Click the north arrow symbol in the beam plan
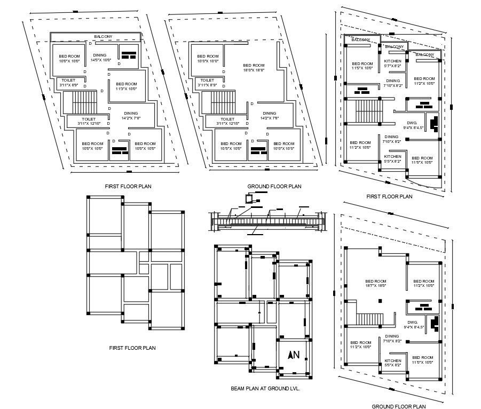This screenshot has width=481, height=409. click(x=293, y=355)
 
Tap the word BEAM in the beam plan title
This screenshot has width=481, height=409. click(x=239, y=389)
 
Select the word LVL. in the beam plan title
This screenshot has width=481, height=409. click(x=293, y=389)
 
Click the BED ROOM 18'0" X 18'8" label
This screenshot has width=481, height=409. click(x=254, y=67)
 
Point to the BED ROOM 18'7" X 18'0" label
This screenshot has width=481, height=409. click(x=376, y=283)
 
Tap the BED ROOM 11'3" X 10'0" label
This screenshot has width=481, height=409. click(x=127, y=86)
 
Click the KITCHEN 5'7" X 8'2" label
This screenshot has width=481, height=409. click(x=393, y=63)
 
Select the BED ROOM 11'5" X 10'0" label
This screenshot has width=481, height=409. click(x=362, y=66)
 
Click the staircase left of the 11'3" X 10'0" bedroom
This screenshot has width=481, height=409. click(x=84, y=100)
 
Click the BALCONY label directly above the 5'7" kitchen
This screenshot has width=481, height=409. click(x=395, y=47)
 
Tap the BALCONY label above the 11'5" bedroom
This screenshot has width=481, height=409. click(x=361, y=39)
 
